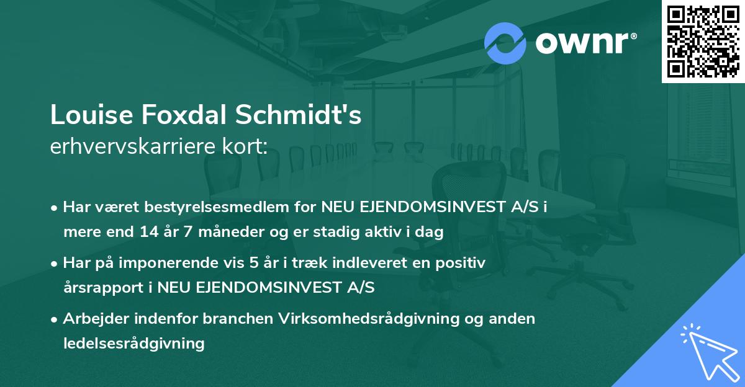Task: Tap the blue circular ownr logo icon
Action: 505,42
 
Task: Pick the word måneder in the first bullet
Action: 220,233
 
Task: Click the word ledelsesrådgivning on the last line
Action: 133,343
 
